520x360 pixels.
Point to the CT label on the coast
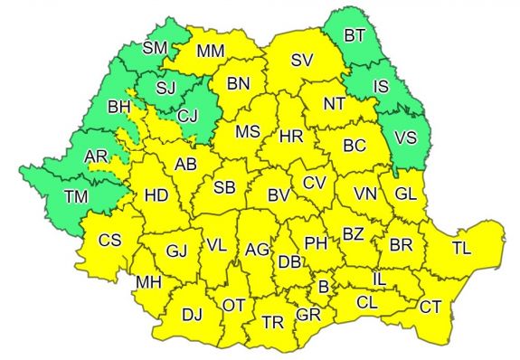(x=430, y=307)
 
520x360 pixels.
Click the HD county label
(x=156, y=194)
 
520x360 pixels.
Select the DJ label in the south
(x=192, y=315)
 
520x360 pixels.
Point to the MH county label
(x=147, y=283)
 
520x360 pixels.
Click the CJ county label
(x=187, y=116)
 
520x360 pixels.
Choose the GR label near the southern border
(x=308, y=315)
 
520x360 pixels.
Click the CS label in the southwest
(x=110, y=241)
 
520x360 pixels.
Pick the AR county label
(x=96, y=157)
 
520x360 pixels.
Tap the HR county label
(x=291, y=137)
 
